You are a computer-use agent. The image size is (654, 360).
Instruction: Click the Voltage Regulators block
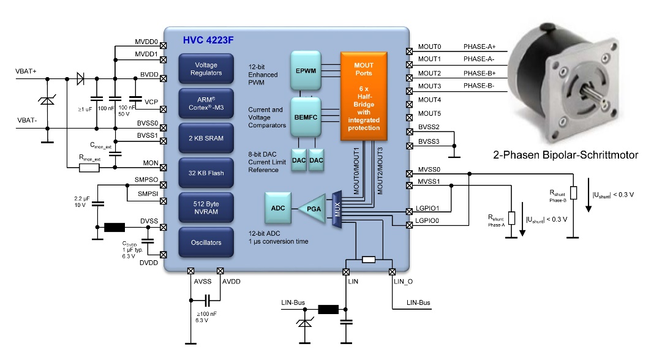point(206,69)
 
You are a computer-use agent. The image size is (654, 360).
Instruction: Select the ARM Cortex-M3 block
point(206,103)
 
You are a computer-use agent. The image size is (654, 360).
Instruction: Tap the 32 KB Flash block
point(206,173)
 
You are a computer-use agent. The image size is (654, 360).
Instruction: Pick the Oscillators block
point(206,242)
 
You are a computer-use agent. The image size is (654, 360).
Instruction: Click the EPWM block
point(306,70)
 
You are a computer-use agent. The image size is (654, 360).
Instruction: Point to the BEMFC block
point(306,117)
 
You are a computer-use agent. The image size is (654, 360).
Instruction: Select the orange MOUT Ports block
point(364,96)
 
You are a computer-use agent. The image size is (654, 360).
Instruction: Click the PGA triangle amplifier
point(312,209)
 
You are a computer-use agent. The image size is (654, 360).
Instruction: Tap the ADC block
point(278,208)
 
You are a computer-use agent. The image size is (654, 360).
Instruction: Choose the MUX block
point(337,209)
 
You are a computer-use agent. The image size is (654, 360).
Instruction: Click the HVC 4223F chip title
point(208,40)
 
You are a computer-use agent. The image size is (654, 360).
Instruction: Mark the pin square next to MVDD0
point(163,45)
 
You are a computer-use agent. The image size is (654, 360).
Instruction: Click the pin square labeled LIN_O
point(392,272)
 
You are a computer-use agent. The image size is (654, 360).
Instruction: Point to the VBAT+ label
point(26,72)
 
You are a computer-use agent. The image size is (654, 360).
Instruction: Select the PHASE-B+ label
point(479,73)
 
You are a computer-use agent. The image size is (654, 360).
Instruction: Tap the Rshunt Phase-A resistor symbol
point(511,218)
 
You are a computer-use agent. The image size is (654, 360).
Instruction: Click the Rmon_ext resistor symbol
point(89,168)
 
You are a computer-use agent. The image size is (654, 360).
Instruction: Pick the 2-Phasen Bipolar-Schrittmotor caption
point(566,155)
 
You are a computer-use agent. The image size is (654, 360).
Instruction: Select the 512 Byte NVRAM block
point(206,208)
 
